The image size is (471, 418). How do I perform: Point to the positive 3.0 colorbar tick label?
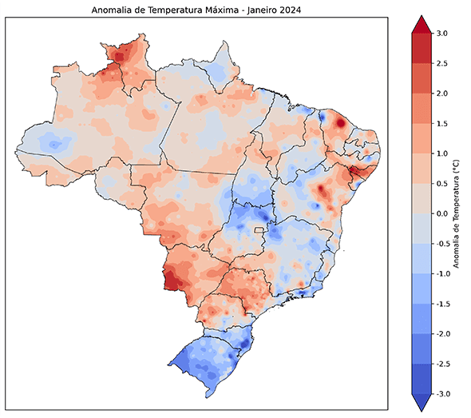coord(442,33)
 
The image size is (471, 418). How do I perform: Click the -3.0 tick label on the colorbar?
coord(441,394)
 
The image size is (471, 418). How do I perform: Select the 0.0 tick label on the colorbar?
coord(442,213)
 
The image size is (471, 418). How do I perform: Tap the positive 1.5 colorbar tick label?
coord(442,123)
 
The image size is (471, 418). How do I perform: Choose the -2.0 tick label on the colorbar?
coord(441,334)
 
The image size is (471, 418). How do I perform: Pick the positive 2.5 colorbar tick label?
coord(442,63)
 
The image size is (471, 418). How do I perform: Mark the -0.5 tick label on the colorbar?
coord(441,244)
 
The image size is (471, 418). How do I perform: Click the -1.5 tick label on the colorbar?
coord(441,304)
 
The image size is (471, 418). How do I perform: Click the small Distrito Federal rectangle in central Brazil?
coord(259,230)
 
